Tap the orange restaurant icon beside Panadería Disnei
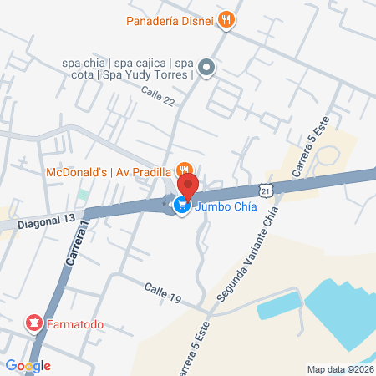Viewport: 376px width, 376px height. tap(225, 19)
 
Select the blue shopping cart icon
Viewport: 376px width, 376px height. tap(181, 205)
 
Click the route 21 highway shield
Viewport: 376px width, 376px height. tap(265, 191)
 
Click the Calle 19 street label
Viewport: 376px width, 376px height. tap(162, 288)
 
